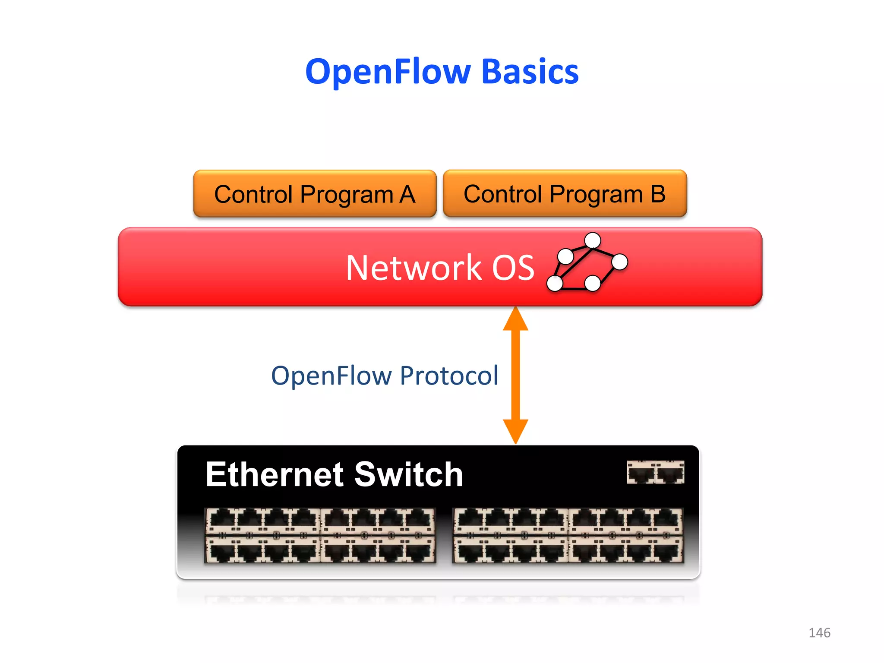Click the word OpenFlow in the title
[388, 72]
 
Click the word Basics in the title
[530, 72]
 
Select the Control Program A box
[315, 194]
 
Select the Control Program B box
[565, 194]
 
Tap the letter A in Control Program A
[407, 194]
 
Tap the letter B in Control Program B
[658, 194]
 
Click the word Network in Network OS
[413, 268]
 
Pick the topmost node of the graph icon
[593, 240]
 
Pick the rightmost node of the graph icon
[619, 262]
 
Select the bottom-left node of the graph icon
[555, 283]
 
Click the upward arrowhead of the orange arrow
[515, 319]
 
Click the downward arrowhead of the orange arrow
[515, 431]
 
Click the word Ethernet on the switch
[275, 474]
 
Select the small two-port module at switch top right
[655, 472]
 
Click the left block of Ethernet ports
[320, 535]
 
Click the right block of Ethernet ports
[568, 535]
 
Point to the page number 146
[819, 633]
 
